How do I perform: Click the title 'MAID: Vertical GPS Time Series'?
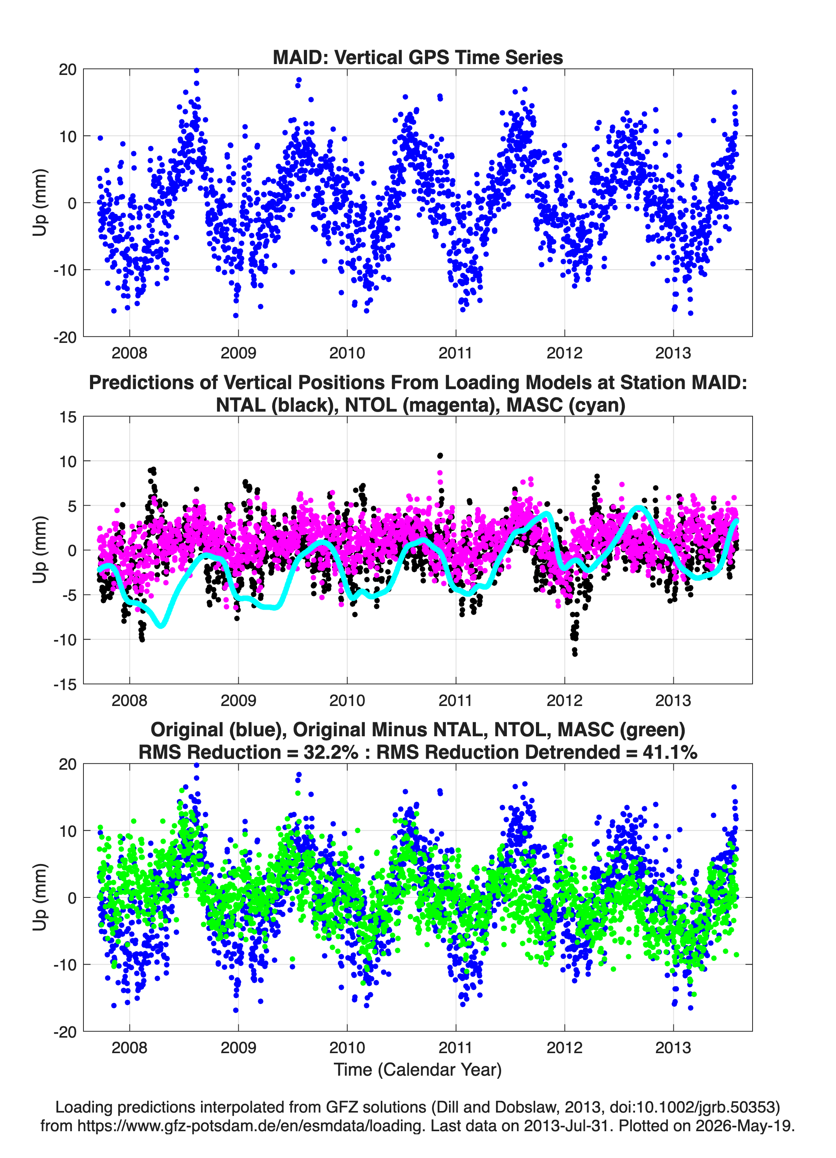pyautogui.click(x=418, y=57)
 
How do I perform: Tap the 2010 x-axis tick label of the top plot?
pyautogui.click(x=347, y=353)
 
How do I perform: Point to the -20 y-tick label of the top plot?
pyautogui.click(x=65, y=337)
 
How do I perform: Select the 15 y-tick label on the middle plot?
pyautogui.click(x=68, y=417)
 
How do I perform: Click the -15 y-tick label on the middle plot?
pyautogui.click(x=65, y=684)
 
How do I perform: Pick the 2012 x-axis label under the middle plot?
pyautogui.click(x=564, y=700)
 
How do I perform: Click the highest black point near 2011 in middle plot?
pyautogui.click(x=440, y=456)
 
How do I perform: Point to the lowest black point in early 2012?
pyautogui.click(x=575, y=654)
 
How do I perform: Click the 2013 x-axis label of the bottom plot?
pyautogui.click(x=673, y=1047)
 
